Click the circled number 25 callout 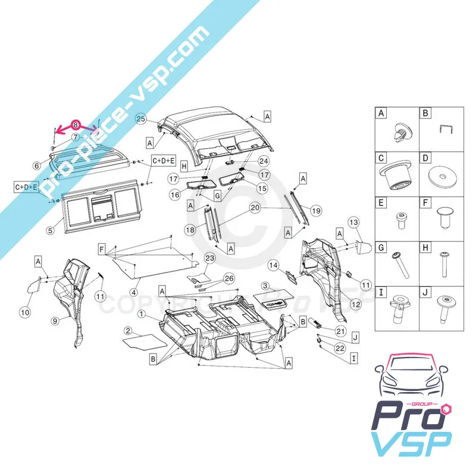pos(141,118)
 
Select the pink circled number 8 pos(76,125)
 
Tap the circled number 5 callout pos(51,230)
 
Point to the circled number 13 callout pos(353,223)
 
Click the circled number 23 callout pos(210,258)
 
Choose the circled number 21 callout pos(340,331)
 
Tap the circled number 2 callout pos(129,331)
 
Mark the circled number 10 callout pos(25,312)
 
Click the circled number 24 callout pos(264,161)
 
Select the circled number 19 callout pos(316,211)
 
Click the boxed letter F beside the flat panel pos(102,250)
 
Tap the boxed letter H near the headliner pos(184,167)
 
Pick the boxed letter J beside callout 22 pos(355,337)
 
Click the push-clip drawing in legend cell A pos(403,132)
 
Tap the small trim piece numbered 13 pos(364,246)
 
